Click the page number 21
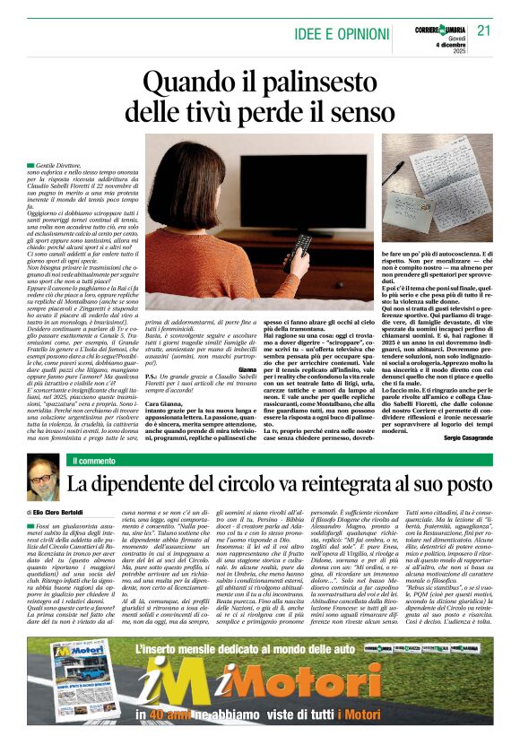pos(484,30)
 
